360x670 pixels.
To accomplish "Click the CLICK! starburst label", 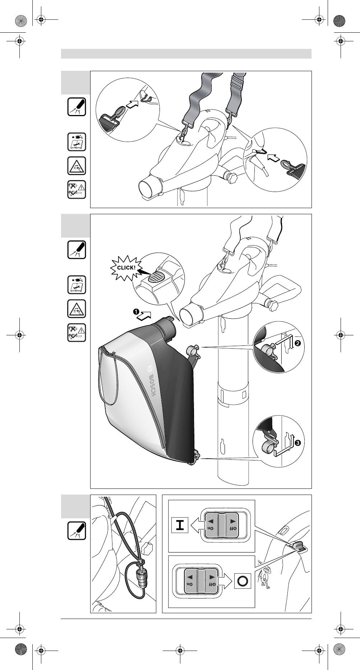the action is (125, 267).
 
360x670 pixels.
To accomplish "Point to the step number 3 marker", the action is (297, 443).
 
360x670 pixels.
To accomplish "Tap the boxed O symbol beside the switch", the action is (242, 581).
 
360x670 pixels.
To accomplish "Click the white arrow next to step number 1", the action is (145, 315).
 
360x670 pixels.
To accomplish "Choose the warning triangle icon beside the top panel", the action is (77, 166).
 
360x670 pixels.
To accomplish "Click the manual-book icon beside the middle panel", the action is (77, 285).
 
